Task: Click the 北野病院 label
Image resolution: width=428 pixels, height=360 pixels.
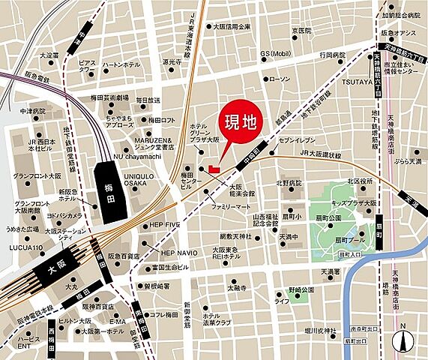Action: [289, 182]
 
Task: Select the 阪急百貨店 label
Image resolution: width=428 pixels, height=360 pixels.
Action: [124, 256]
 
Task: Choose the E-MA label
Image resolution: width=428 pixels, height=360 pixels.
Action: [117, 320]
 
